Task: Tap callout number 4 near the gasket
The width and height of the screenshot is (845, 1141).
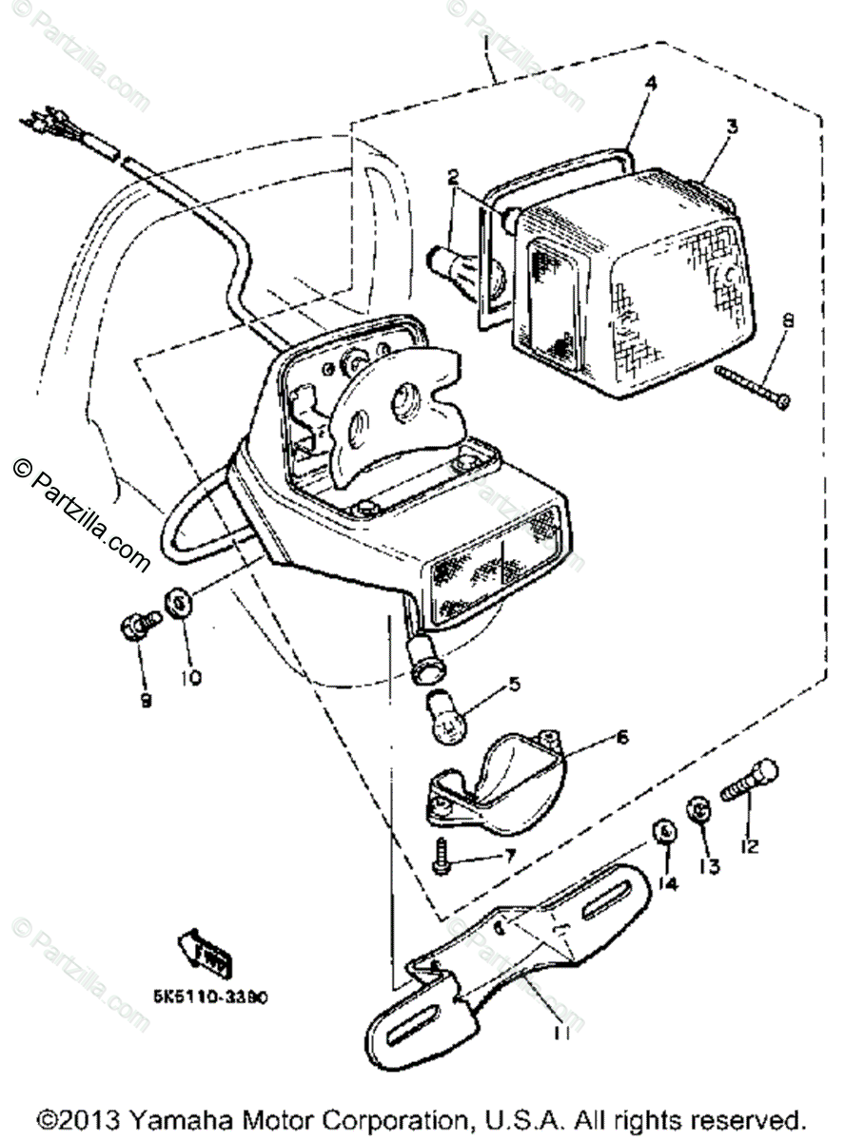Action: [x=650, y=84]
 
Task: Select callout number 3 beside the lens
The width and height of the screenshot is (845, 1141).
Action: [x=732, y=125]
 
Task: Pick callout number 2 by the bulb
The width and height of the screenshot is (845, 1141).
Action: [x=453, y=177]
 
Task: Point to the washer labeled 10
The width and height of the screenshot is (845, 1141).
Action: [x=179, y=601]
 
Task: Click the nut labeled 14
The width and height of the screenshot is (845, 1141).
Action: [x=663, y=831]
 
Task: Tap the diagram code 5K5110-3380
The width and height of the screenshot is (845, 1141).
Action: [x=208, y=997]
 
